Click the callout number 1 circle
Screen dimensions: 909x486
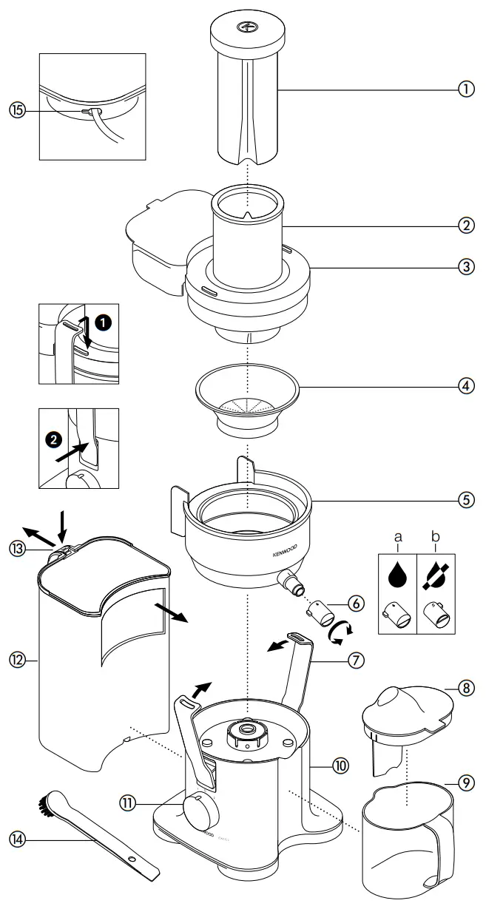tap(466, 89)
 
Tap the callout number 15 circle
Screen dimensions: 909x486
tap(17, 109)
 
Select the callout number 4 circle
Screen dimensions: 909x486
tap(466, 386)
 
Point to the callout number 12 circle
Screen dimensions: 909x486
tap(17, 655)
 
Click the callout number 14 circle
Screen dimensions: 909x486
tap(17, 838)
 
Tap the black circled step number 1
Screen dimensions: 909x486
tap(104, 323)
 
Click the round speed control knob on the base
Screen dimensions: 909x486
tap(200, 813)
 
